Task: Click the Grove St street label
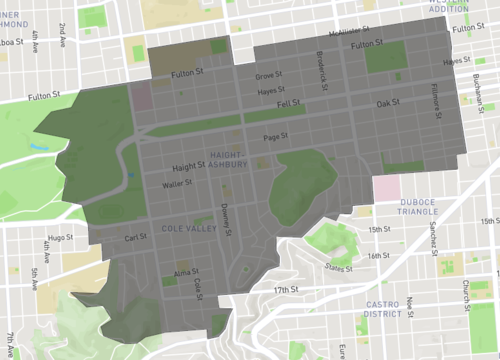pyautogui.click(x=269, y=75)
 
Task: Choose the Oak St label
pyautogui.click(x=387, y=102)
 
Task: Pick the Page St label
pyautogui.click(x=275, y=136)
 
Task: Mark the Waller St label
pyautogui.click(x=177, y=184)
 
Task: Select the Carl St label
pyautogui.click(x=136, y=238)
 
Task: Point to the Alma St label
pyautogui.click(x=187, y=271)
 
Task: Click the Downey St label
pyautogui.click(x=226, y=218)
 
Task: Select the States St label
pyautogui.click(x=339, y=268)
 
